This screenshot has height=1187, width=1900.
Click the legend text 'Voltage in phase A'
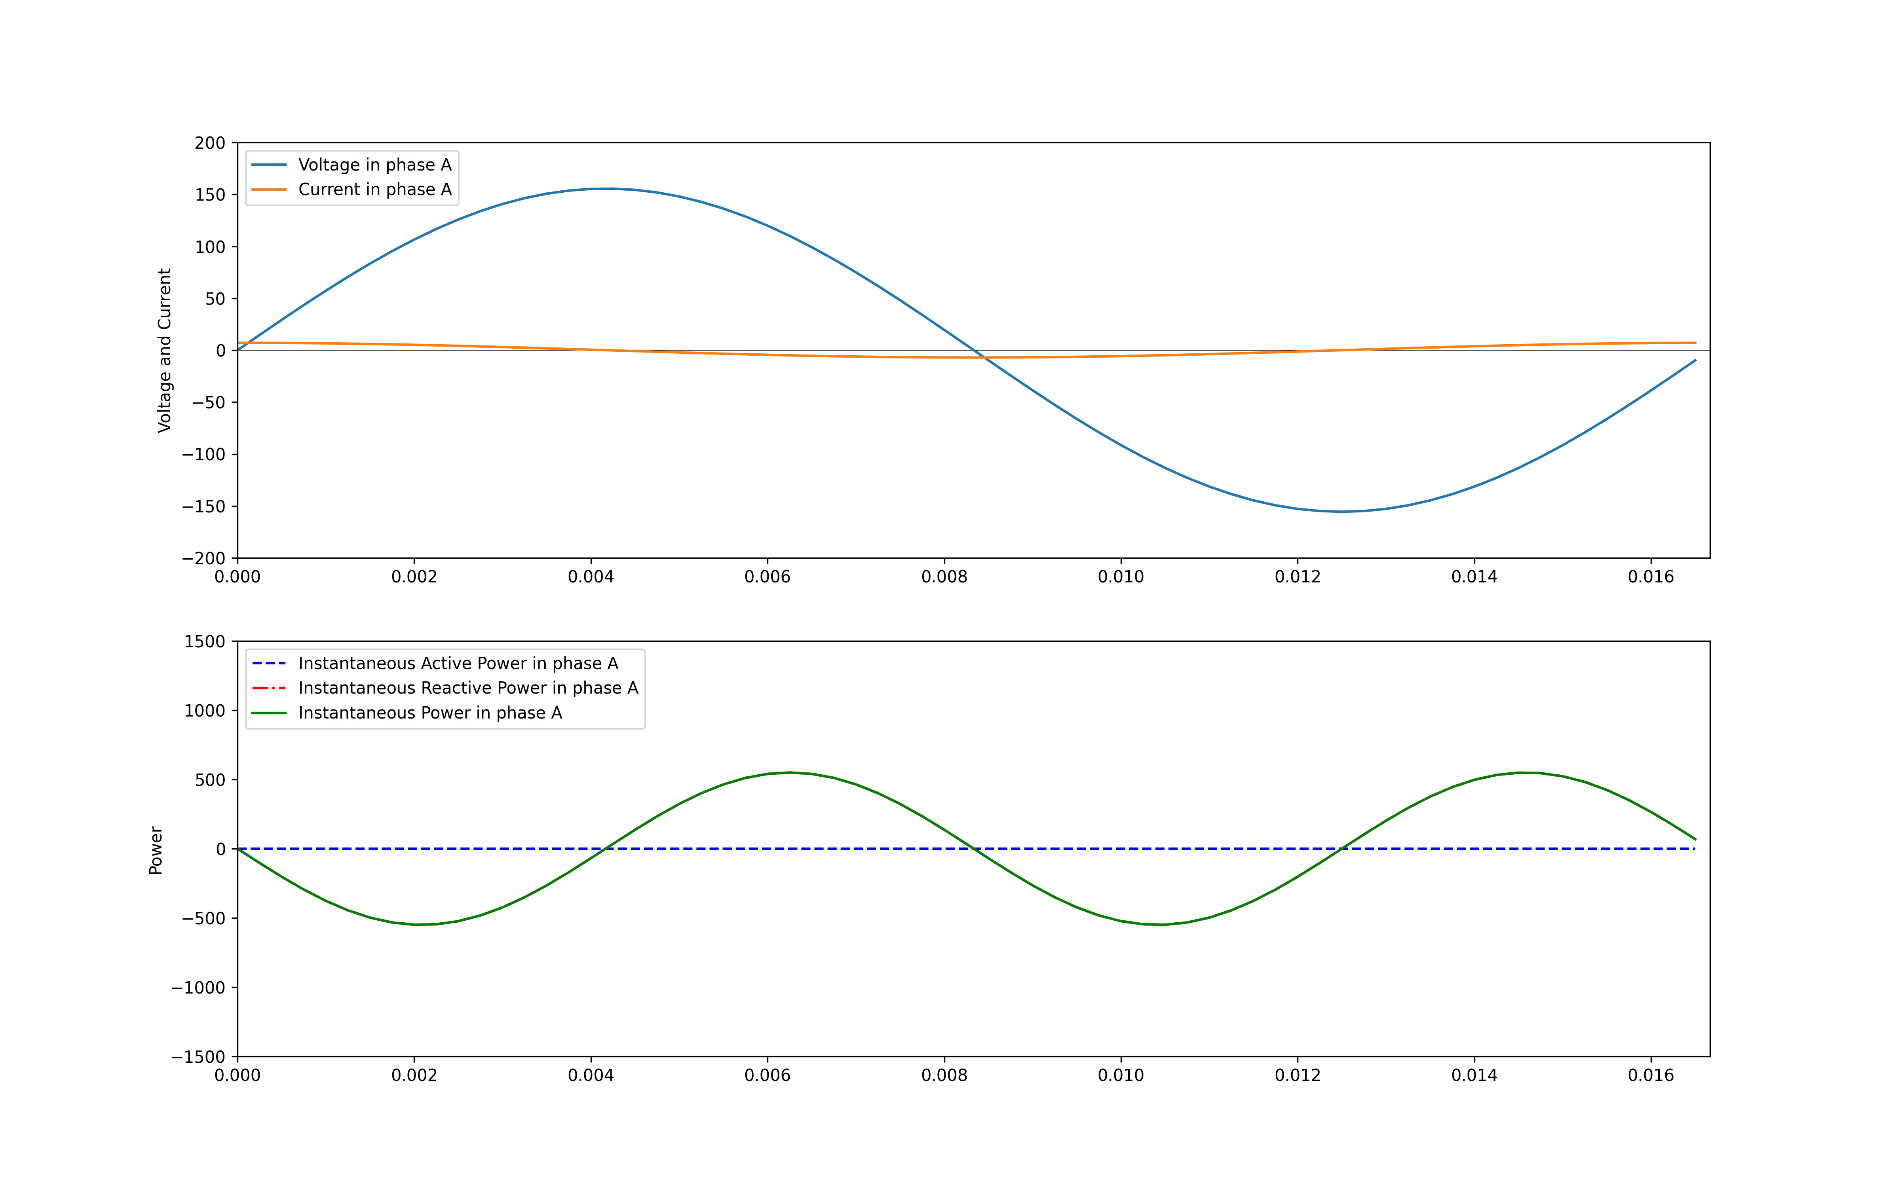click(374, 165)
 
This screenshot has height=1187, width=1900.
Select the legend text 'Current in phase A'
click(374, 189)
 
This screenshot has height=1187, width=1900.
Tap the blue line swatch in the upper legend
click(268, 165)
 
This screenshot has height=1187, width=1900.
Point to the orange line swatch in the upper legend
click(268, 189)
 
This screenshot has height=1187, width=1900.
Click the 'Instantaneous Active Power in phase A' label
click(458, 664)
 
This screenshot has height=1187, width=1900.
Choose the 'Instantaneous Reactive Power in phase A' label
click(468, 688)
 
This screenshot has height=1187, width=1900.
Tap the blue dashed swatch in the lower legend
click(268, 664)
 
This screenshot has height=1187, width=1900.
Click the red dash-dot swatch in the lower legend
click(268, 688)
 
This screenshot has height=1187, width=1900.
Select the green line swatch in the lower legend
click(268, 713)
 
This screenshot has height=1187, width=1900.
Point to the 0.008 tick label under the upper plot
click(944, 577)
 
